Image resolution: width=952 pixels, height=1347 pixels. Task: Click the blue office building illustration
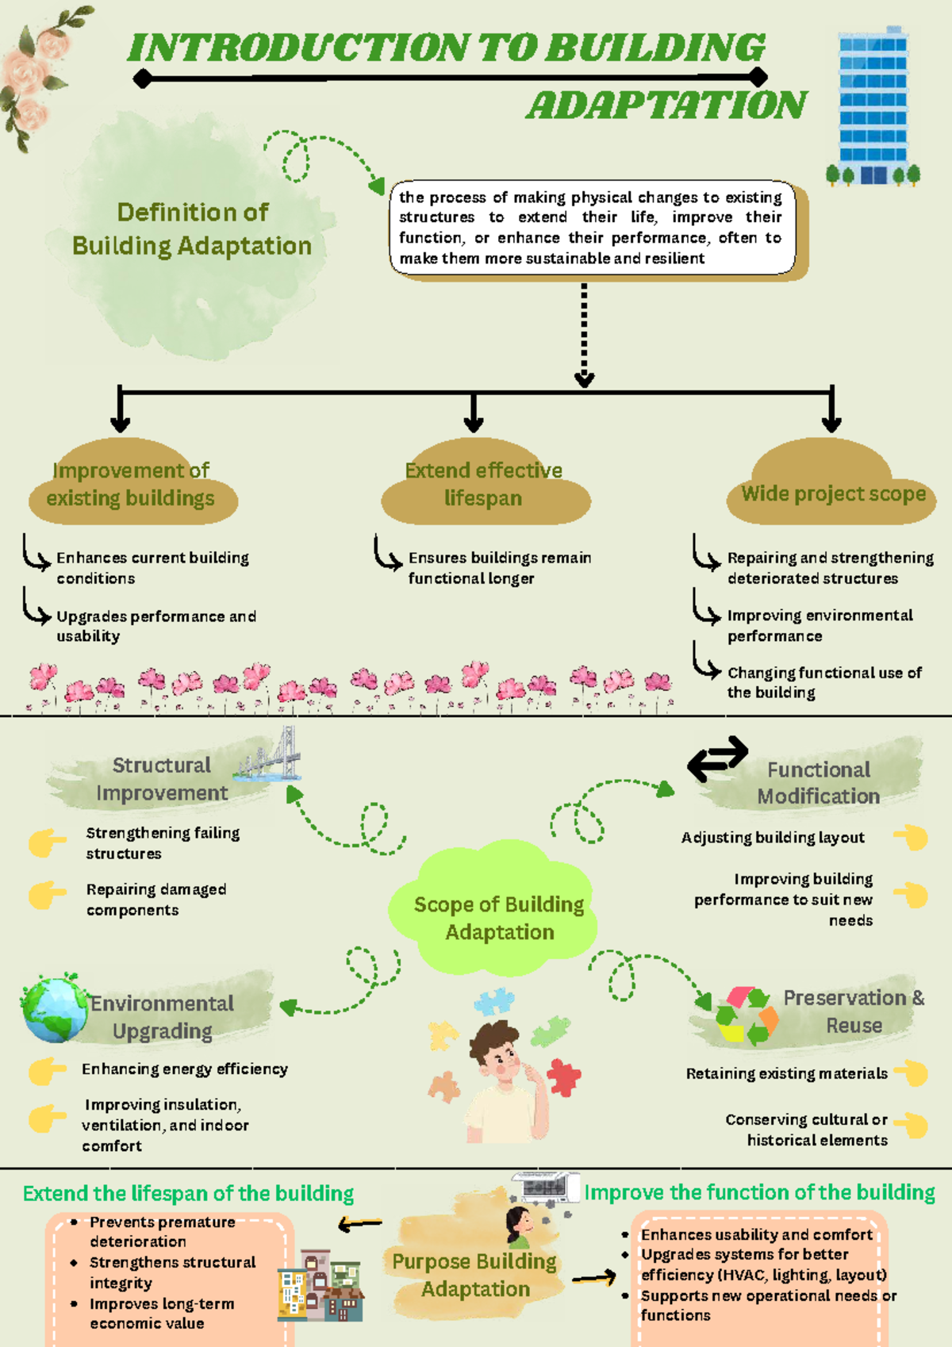click(x=873, y=107)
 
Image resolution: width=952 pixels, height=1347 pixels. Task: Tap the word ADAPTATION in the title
click(x=666, y=106)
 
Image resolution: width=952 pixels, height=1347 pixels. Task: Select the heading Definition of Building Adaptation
click(x=192, y=229)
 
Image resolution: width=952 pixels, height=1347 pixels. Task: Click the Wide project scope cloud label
click(x=833, y=493)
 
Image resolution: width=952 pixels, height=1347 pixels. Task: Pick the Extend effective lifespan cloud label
click(x=484, y=485)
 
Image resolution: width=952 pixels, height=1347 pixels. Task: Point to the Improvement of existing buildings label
click(x=131, y=485)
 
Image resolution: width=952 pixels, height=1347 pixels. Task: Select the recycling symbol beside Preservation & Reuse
click(x=747, y=1015)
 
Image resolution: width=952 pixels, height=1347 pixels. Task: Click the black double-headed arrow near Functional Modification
click(x=717, y=758)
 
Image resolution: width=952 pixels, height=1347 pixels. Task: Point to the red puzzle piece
click(x=563, y=1077)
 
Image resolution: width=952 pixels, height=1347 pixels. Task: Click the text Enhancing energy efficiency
click(x=184, y=1069)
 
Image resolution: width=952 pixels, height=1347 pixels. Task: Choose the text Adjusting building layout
click(x=773, y=838)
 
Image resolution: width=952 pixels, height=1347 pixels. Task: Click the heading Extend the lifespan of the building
click(x=188, y=1194)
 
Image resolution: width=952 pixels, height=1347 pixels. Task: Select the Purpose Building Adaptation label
click(x=474, y=1275)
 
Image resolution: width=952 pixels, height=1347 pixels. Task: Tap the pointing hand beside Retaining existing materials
click(x=912, y=1073)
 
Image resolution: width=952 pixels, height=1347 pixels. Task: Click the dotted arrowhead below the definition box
click(x=585, y=380)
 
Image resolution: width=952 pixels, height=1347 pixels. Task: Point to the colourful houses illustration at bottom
click(x=321, y=1285)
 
